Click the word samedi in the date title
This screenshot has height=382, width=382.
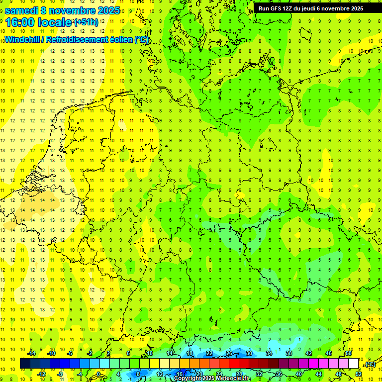click(22, 10)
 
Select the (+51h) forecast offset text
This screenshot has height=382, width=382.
click(86, 22)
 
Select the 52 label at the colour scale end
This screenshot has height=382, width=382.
click(358, 374)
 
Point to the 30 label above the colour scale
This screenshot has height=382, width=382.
click(249, 353)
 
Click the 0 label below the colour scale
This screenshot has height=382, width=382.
click(98, 374)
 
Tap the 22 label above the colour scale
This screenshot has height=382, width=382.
click(209, 353)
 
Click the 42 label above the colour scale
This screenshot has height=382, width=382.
click(308, 353)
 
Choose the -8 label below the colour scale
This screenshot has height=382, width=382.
click(60, 374)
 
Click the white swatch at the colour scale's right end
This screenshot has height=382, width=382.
click(353, 364)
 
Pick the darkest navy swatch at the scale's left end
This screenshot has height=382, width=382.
click(25, 364)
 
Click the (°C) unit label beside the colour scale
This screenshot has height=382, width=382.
click(370, 364)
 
